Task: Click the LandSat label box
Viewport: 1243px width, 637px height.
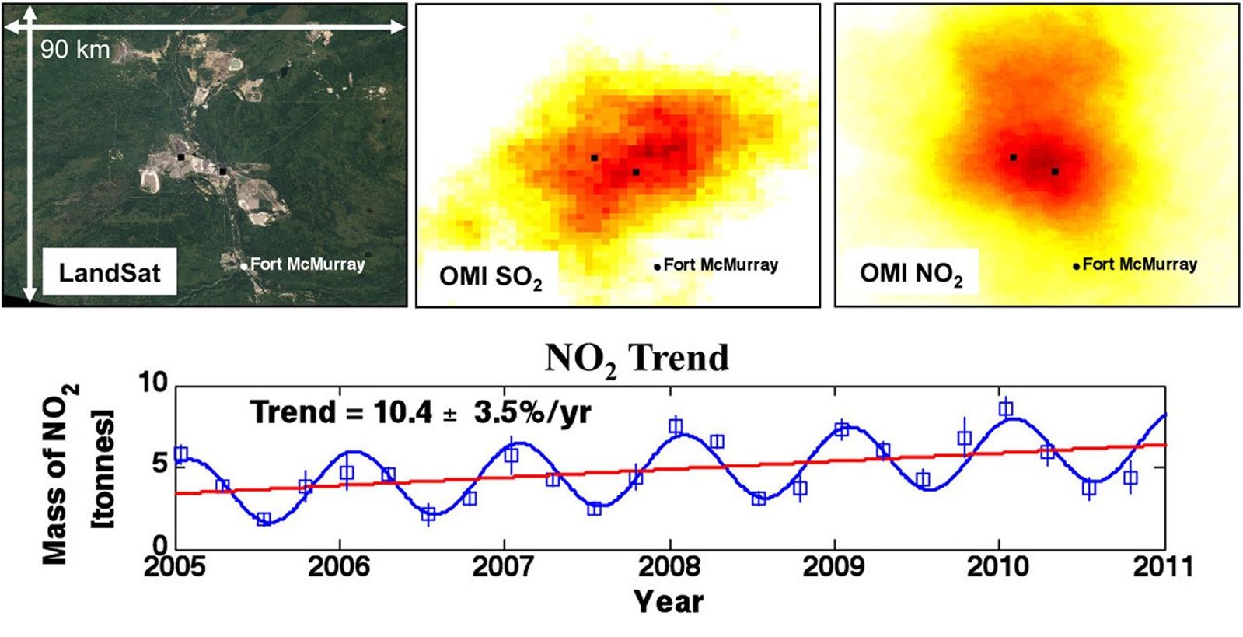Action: pos(110,272)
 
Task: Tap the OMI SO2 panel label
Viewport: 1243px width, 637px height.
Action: pos(491,277)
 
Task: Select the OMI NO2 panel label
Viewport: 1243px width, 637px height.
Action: pos(910,274)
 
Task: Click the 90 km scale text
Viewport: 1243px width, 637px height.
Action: pos(75,50)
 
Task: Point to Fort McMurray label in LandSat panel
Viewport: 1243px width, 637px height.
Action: pos(307,264)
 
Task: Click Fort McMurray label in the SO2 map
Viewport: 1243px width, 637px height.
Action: pos(721,265)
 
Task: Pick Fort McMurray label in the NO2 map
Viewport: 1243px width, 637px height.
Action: pos(1140,264)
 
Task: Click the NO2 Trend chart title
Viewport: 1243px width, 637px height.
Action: pos(637,359)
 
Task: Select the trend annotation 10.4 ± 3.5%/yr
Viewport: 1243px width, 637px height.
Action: pos(421,412)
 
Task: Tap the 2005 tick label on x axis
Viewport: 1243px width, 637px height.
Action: pos(175,566)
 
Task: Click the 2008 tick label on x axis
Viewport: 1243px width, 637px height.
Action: pos(669,566)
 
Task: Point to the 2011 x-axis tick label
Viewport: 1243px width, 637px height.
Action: pos(1163,566)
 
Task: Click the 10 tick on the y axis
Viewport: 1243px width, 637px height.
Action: pos(153,382)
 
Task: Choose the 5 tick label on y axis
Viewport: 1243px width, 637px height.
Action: pos(159,464)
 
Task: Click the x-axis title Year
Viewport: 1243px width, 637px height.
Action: pos(669,601)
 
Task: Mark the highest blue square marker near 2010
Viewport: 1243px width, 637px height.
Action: pos(1006,409)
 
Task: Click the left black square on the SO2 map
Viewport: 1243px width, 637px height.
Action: pos(595,158)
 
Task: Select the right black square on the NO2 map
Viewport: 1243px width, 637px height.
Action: pos(1055,171)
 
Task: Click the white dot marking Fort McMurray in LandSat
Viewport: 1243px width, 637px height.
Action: pos(243,266)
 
